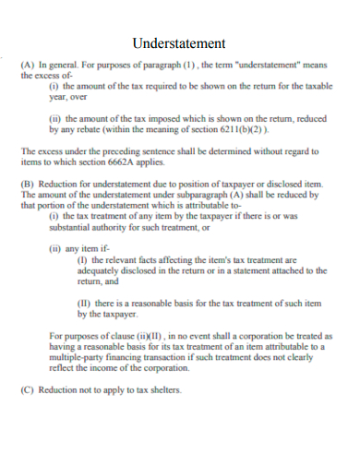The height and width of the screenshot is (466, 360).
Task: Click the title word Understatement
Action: (179, 42)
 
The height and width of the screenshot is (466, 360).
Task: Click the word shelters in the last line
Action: (163, 389)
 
